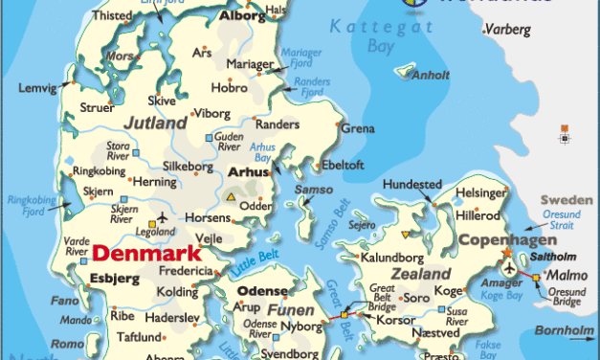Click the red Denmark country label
coord(146,255)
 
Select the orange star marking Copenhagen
coord(506,253)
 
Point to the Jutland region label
coord(155,124)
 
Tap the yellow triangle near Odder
coord(230,196)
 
